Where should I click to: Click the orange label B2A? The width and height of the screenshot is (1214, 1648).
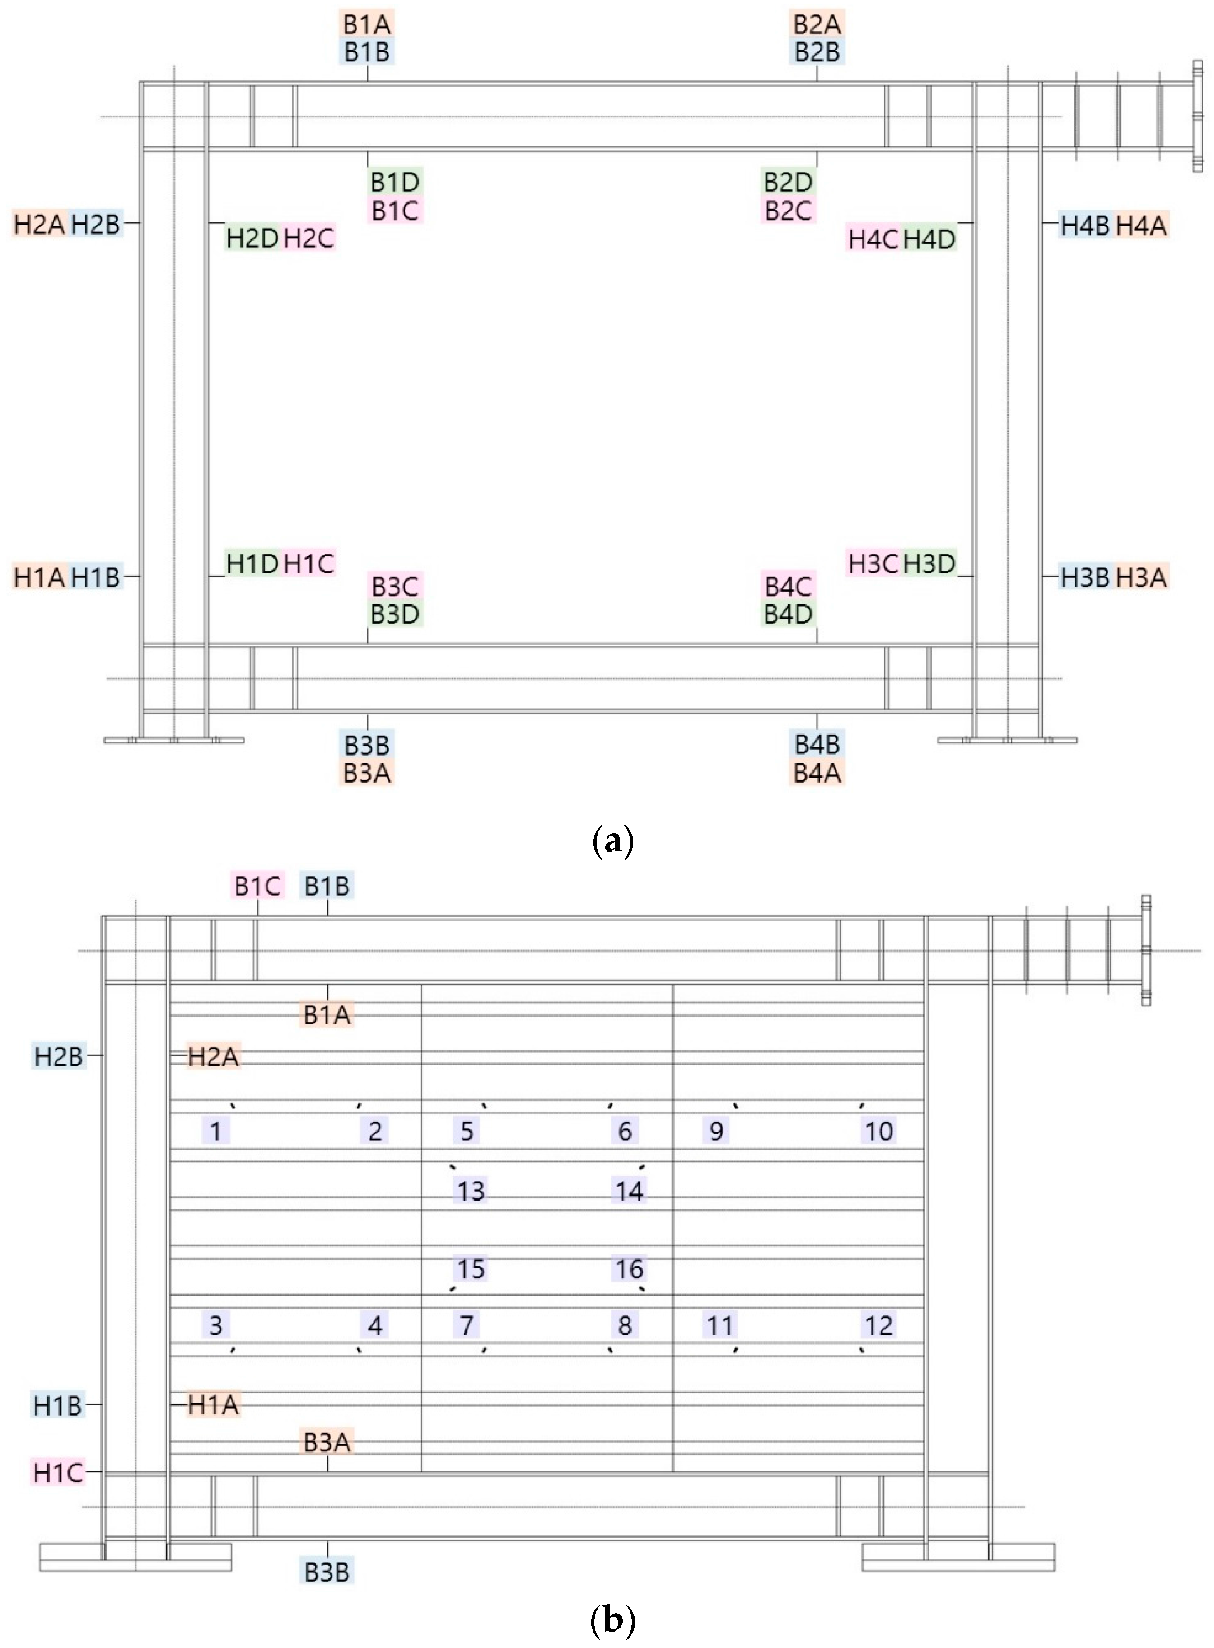click(817, 24)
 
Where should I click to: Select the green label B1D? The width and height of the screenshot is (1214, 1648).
click(395, 182)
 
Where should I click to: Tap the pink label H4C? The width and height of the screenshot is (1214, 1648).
click(872, 239)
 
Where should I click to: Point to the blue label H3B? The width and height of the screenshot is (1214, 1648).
click(1085, 577)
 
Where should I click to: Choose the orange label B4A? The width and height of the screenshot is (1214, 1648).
click(817, 773)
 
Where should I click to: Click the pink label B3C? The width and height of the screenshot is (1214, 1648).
click(395, 587)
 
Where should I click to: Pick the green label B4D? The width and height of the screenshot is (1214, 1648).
click(788, 614)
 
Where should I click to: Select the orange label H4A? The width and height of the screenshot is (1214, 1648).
click(1141, 225)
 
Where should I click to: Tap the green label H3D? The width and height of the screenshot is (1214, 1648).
click(929, 564)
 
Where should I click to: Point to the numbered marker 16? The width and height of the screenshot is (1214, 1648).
click(629, 1269)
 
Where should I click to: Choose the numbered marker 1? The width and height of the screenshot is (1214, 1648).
click(216, 1131)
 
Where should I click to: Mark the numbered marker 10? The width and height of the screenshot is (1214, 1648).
click(879, 1131)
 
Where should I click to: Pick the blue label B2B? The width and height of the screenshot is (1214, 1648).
click(817, 52)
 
